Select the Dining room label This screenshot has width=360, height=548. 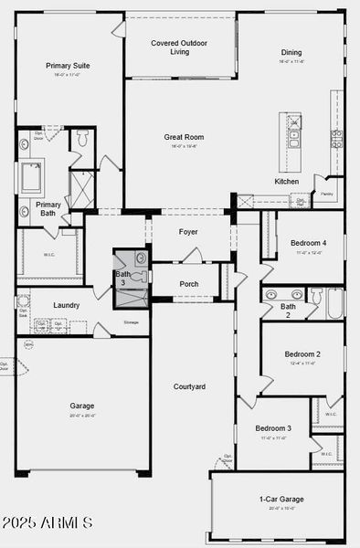coord(291,52)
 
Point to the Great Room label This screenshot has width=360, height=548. coord(184,137)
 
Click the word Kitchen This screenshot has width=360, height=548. coord(286,181)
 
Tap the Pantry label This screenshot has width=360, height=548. coord(326,194)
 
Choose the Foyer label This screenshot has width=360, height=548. coord(188,231)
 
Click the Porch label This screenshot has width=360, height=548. coord(188,284)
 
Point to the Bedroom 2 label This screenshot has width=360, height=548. coord(302,353)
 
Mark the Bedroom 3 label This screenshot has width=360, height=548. coord(272,428)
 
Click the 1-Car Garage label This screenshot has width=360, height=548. coord(281,499)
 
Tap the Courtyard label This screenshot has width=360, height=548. coord(189,386)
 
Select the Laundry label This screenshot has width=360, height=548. coord(66,305)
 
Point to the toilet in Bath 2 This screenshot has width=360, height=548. coord(316,295)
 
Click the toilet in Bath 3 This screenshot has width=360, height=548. coord(140,258)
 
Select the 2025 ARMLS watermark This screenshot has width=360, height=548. coord(48,523)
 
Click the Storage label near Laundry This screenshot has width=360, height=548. coord(132,322)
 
